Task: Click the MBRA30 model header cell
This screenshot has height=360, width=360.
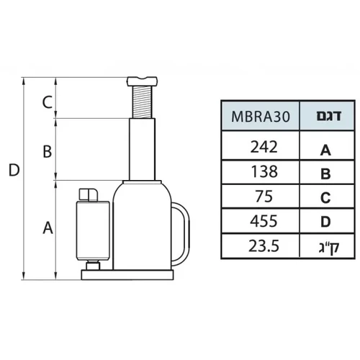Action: point(261,116)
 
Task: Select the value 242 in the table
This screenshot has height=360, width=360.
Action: point(264,147)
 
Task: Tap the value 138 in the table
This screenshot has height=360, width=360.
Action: point(264,171)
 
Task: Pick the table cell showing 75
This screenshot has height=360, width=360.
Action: point(264,197)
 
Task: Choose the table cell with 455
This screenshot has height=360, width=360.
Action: point(264,221)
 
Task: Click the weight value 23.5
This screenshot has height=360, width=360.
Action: point(264,246)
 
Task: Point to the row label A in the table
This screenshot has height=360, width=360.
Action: point(325,150)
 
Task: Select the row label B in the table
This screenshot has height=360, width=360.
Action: point(325,174)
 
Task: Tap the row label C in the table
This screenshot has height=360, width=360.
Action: point(325,198)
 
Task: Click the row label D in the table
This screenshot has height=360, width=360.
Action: point(325,222)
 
